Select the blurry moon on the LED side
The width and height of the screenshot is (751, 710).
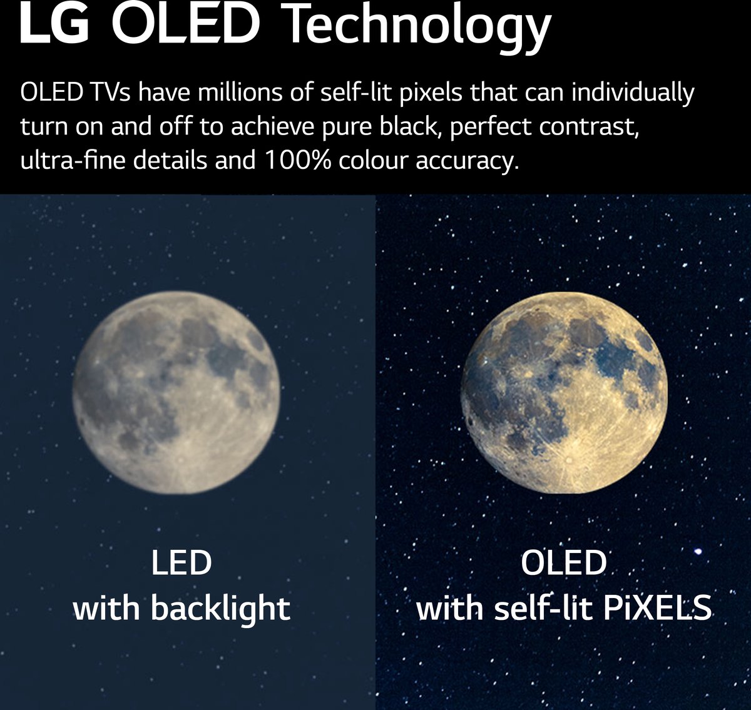(x=176, y=392)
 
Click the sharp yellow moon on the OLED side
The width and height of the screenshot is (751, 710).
(x=563, y=392)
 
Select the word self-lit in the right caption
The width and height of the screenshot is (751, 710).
(x=543, y=608)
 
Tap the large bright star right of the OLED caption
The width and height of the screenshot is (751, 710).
(x=698, y=551)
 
